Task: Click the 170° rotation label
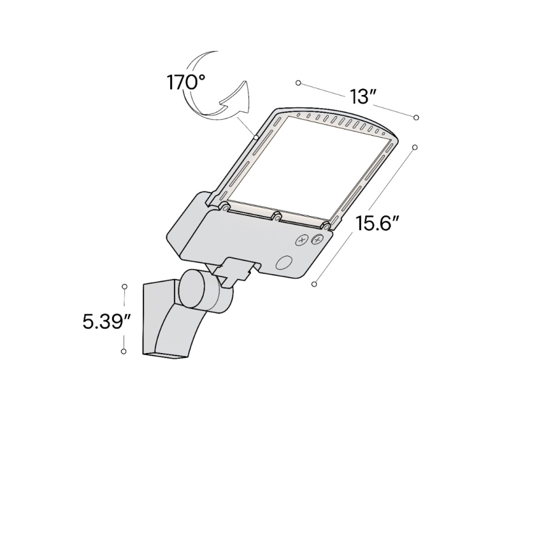pyautogui.click(x=186, y=83)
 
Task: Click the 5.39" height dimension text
pyautogui.click(x=106, y=321)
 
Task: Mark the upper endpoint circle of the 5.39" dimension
pyautogui.click(x=125, y=287)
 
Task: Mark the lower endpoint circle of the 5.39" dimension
pyautogui.click(x=124, y=351)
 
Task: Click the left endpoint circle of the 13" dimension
pyautogui.click(x=298, y=83)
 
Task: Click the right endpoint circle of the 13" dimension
pyautogui.click(x=416, y=117)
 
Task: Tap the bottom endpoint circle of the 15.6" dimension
pyautogui.click(x=314, y=284)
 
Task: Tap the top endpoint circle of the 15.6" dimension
pyautogui.click(x=415, y=147)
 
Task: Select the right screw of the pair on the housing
pyautogui.click(x=317, y=240)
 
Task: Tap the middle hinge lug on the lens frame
pyautogui.click(x=277, y=216)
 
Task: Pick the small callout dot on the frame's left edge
pyautogui.click(x=255, y=136)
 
